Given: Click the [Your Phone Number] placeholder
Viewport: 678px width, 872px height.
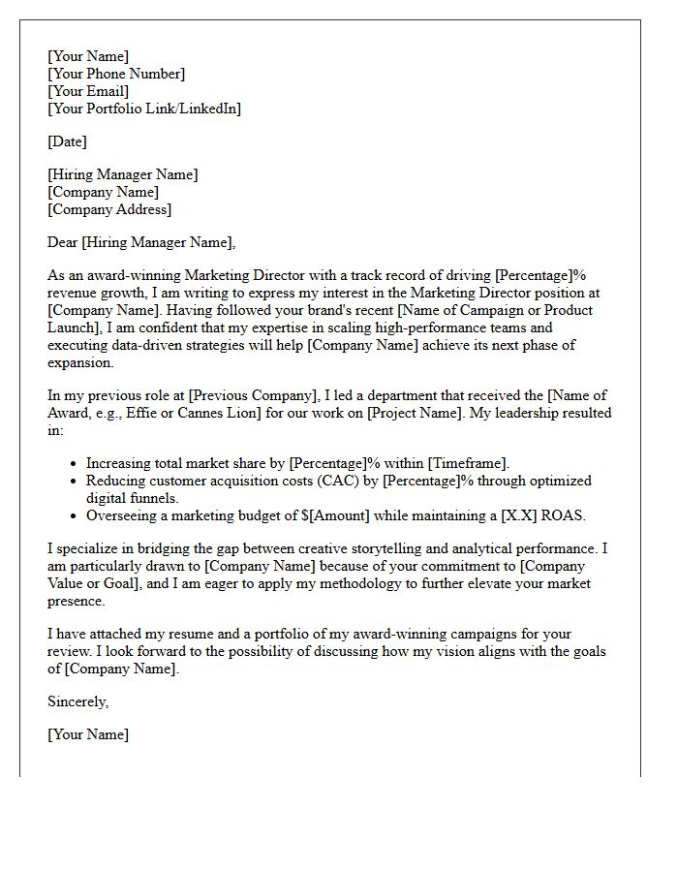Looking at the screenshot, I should pyautogui.click(x=115, y=74).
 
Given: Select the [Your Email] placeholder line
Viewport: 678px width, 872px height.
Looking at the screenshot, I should pyautogui.click(x=88, y=91).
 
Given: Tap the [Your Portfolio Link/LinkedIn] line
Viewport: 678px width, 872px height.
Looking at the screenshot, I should pyautogui.click(x=144, y=109).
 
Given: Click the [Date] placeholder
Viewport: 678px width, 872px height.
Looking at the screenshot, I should pyautogui.click(x=67, y=141).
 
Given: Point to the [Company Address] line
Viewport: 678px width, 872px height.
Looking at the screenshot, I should pyautogui.click(x=109, y=209).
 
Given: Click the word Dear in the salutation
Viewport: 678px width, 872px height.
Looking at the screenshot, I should pyautogui.click(x=63, y=242).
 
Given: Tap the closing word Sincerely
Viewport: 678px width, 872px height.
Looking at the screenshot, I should pyautogui.click(x=77, y=701).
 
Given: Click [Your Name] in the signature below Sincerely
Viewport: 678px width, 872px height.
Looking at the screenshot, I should pyautogui.click(x=88, y=734).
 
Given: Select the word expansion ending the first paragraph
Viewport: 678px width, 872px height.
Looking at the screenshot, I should pyautogui.click(x=80, y=362).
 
